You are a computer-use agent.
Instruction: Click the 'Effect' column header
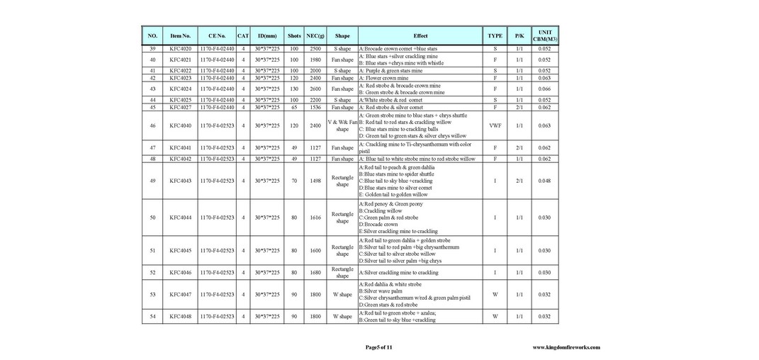click(420, 35)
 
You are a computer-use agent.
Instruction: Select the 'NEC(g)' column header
click(315, 35)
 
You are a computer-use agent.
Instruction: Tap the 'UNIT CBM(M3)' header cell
click(544, 35)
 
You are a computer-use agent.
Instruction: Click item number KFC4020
click(181, 49)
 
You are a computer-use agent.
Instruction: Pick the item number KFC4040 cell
click(181, 125)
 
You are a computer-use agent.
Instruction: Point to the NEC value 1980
click(315, 60)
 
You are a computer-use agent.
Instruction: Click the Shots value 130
click(294, 89)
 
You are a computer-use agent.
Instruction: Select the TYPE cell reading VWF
click(495, 125)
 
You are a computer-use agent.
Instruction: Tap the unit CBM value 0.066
click(544, 89)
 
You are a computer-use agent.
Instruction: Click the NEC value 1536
click(315, 108)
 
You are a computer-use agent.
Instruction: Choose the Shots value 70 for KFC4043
click(294, 181)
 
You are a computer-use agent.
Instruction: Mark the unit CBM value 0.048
click(544, 181)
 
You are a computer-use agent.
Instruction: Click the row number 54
click(152, 317)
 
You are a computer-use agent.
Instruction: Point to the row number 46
click(152, 125)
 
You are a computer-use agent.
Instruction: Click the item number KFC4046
click(181, 272)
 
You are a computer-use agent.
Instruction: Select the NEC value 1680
click(315, 272)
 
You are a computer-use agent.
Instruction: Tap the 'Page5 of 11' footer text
click(378, 347)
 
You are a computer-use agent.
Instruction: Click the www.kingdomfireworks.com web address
click(566, 347)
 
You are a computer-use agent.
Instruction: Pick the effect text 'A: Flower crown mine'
click(393, 78)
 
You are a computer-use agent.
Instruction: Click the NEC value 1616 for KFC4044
click(315, 218)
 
